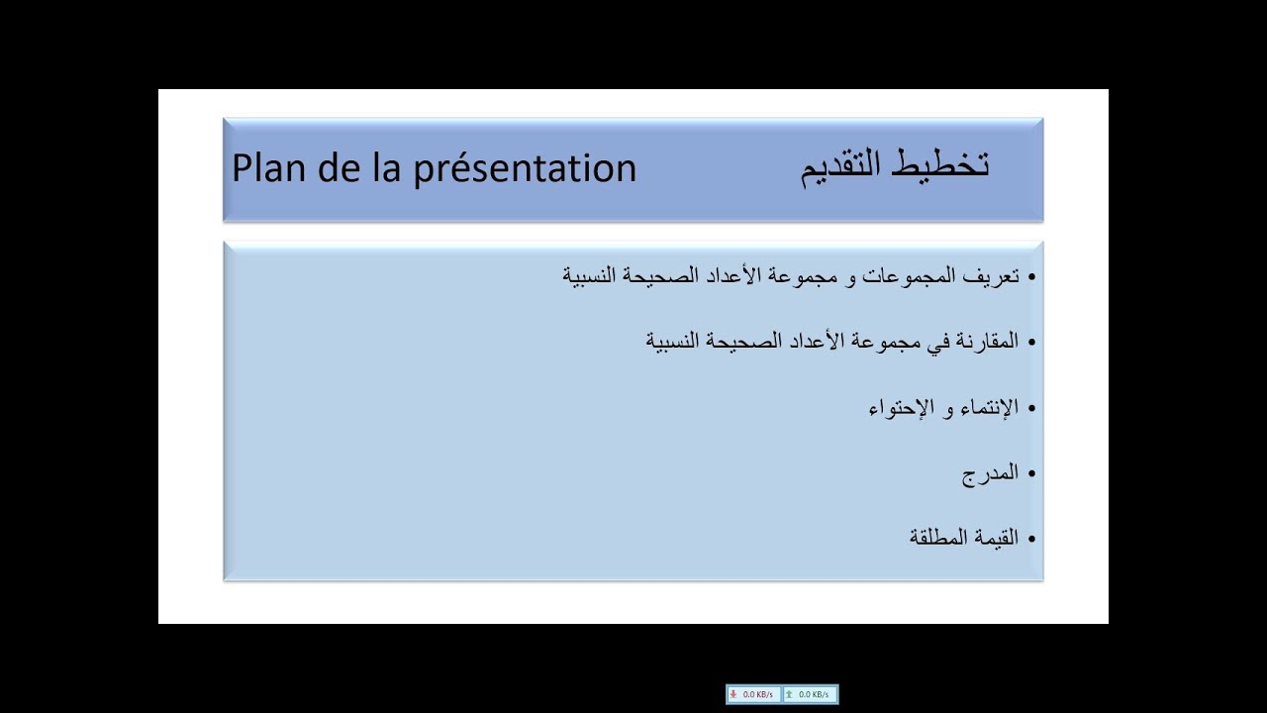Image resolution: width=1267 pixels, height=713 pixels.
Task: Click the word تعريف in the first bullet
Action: pos(993,276)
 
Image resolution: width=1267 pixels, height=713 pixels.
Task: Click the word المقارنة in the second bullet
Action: pos(981,342)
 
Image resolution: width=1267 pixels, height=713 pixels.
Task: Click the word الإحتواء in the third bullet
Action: pos(902,408)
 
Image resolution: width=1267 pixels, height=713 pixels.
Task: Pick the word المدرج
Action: pos(991,473)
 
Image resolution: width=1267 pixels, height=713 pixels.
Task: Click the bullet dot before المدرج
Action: pos(1030,474)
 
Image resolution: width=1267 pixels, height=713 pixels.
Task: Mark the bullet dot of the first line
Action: pos(1030,277)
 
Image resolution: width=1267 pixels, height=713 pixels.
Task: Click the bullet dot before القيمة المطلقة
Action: pos(1030,540)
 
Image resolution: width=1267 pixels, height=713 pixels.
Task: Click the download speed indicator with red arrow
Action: pos(753,694)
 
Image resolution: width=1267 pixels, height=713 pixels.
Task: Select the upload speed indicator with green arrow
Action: pos(810,694)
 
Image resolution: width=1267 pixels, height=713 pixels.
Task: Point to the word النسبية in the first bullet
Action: pos(592,276)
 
